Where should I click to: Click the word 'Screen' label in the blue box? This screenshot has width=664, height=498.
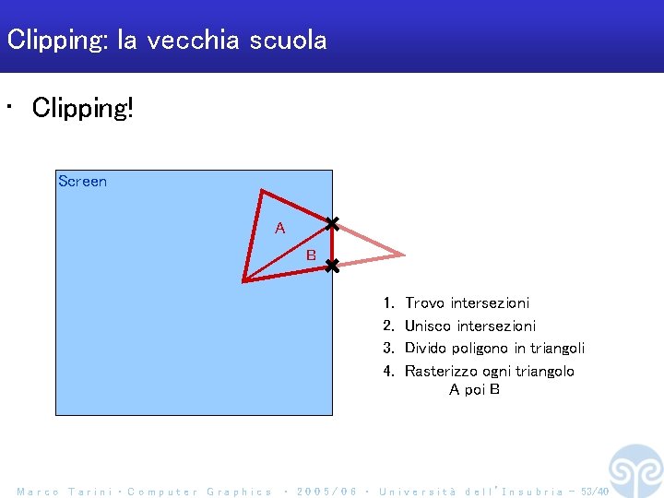click(x=82, y=182)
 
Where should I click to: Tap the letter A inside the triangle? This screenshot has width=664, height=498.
click(x=280, y=228)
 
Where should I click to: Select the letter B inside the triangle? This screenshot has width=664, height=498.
click(x=311, y=255)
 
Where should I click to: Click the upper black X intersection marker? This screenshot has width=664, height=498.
click(x=332, y=223)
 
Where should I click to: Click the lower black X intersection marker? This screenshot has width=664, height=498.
click(x=332, y=266)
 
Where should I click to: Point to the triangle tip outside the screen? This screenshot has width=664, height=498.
click(x=402, y=254)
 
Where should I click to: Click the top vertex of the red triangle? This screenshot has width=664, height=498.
click(x=263, y=192)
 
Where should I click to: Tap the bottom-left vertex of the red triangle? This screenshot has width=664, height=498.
click(x=244, y=279)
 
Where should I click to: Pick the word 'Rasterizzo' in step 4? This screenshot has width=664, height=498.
click(x=438, y=371)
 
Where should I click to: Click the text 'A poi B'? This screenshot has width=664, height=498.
click(x=474, y=389)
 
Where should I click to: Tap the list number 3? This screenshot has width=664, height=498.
click(x=389, y=349)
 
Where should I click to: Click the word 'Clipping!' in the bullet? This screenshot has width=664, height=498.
click(x=83, y=108)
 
